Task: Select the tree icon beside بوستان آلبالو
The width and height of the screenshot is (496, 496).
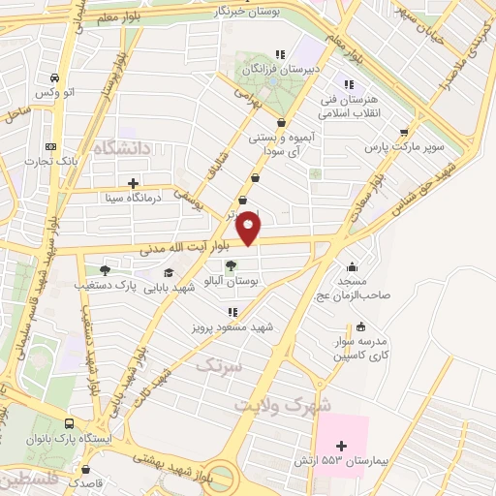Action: [x=231, y=265]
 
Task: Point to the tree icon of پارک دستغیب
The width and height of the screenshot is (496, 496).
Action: [x=105, y=270]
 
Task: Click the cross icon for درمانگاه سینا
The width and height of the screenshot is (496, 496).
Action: [x=133, y=182]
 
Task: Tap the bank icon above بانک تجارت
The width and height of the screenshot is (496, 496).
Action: [x=51, y=146]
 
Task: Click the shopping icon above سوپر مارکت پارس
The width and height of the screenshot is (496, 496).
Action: [x=404, y=133]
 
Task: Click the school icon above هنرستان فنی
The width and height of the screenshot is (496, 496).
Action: [x=349, y=85]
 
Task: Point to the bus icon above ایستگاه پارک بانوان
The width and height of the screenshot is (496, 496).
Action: [x=69, y=424]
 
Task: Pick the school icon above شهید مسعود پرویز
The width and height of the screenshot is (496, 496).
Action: [x=232, y=312]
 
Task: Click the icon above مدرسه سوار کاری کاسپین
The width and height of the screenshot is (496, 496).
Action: [x=360, y=326]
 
